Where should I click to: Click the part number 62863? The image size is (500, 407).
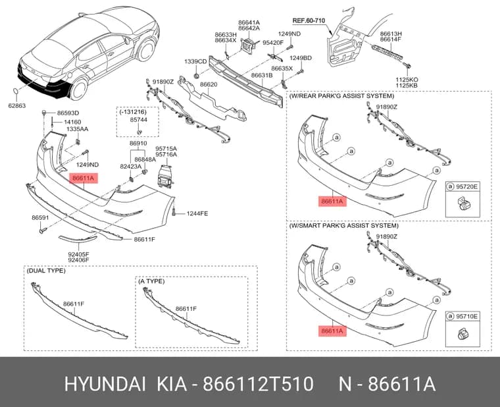[x=17, y=105]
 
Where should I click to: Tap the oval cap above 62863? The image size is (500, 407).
[x=16, y=92]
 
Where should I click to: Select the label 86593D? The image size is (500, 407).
[x=68, y=113]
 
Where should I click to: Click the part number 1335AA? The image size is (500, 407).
[x=77, y=129]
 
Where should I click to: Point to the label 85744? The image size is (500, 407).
[x=138, y=120]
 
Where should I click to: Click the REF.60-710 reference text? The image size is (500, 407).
[x=309, y=21]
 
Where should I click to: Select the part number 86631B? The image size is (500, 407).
[x=262, y=75]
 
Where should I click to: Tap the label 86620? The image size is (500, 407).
[x=209, y=84]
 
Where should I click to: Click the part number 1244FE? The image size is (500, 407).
[x=197, y=213]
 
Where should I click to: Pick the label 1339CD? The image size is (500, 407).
[x=195, y=61]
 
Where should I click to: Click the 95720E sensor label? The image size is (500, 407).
[x=466, y=186]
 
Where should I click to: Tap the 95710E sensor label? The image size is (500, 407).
[x=466, y=316]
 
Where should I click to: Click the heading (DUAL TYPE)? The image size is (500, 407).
[x=46, y=271]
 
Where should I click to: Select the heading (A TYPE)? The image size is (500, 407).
[x=151, y=281]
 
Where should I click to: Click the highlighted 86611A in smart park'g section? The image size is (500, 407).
[x=332, y=331]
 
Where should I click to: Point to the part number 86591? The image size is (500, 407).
[x=40, y=218]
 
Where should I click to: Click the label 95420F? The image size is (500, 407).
[x=273, y=42]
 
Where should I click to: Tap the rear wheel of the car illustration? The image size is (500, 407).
[x=78, y=89]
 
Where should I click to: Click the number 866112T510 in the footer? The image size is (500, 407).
[x=259, y=384]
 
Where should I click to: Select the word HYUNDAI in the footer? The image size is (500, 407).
[x=105, y=384]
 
